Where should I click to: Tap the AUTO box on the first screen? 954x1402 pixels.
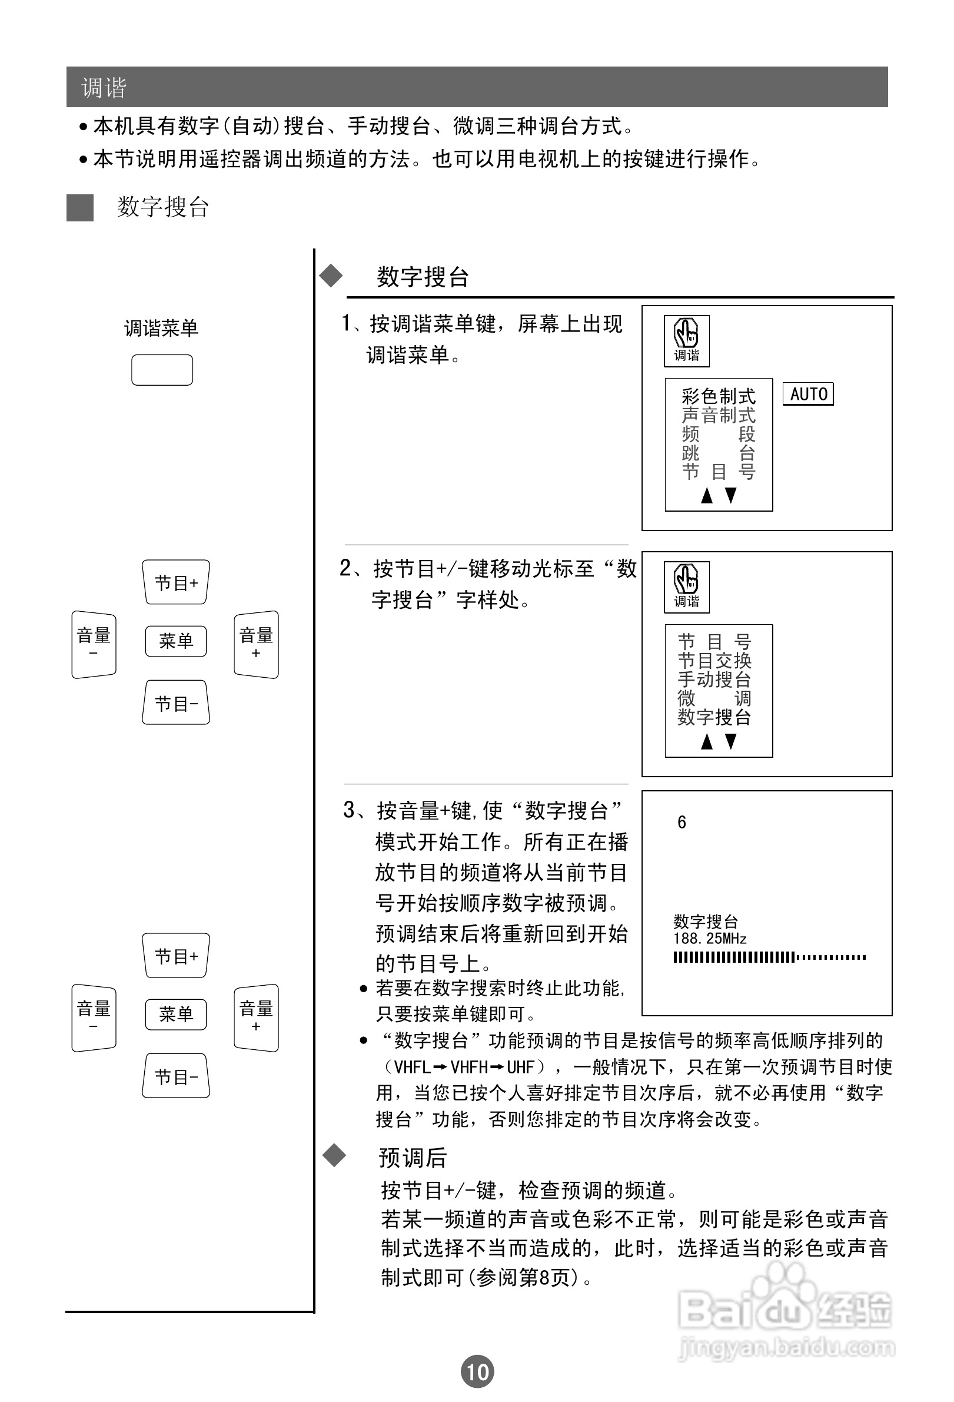pyautogui.click(x=808, y=394)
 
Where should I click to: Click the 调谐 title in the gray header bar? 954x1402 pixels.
pyautogui.click(x=104, y=88)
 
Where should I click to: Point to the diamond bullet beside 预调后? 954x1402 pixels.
pyautogui.click(x=334, y=1155)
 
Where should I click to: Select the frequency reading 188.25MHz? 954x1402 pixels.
pyautogui.click(x=710, y=939)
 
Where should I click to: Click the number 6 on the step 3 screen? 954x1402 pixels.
pyautogui.click(x=682, y=822)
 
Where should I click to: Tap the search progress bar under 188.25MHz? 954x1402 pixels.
pyautogui.click(x=769, y=957)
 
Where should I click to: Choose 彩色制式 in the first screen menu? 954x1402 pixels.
pyautogui.click(x=718, y=396)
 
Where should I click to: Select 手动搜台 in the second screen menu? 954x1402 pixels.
pyautogui.click(x=714, y=680)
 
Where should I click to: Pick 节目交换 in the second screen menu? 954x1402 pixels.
pyautogui.click(x=714, y=661)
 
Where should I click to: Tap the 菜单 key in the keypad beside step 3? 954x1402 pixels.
pyautogui.click(x=175, y=1014)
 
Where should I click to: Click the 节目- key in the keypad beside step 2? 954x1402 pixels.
pyautogui.click(x=176, y=703)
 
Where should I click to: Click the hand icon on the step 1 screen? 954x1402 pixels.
pyautogui.click(x=686, y=333)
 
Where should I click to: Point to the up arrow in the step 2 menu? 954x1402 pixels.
pyautogui.click(x=707, y=741)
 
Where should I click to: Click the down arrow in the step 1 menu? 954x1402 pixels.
pyautogui.click(x=731, y=495)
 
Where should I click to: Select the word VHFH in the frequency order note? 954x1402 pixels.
pyautogui.click(x=469, y=1067)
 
